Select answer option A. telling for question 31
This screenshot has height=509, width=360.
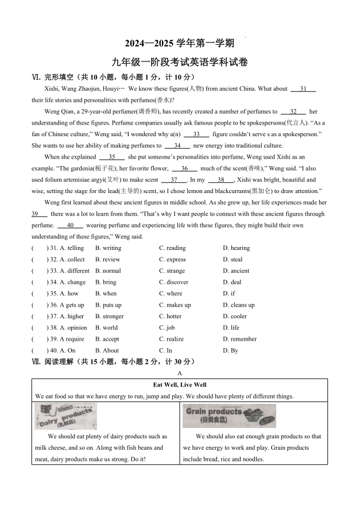(72, 248)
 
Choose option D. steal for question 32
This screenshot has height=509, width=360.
(233, 260)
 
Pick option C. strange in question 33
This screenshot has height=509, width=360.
(172, 271)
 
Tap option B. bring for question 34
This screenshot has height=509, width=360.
(106, 282)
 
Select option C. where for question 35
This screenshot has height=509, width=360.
(171, 294)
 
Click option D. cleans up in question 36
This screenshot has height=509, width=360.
(239, 305)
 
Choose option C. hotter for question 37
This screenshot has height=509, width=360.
(171, 316)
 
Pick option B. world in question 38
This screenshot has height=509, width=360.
(106, 327)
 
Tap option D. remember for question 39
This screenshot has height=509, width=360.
(239, 339)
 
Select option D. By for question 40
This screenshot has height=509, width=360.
(230, 350)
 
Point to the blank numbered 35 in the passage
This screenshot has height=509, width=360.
(112, 157)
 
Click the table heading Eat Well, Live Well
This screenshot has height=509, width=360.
(180, 385)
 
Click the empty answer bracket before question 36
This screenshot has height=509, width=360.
(38, 305)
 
